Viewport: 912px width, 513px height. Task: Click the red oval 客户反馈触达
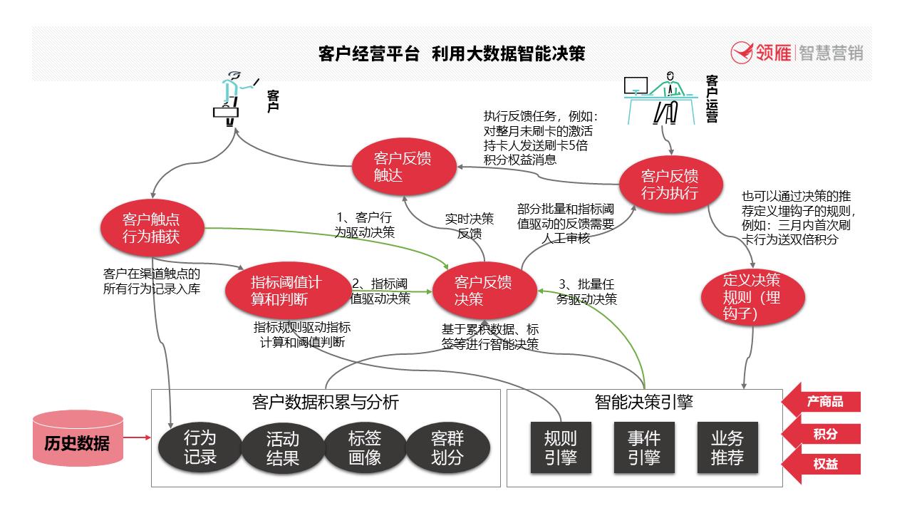(x=403, y=167)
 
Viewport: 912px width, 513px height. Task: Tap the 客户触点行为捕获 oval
(x=152, y=228)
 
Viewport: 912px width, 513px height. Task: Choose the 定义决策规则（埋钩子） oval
(x=752, y=298)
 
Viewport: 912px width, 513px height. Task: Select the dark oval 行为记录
(x=199, y=447)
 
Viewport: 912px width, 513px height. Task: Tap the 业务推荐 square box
(x=727, y=447)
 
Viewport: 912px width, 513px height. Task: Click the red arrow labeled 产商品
(x=822, y=402)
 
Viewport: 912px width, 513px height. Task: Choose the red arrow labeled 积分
(x=822, y=434)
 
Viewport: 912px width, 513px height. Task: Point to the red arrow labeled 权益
(x=822, y=465)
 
